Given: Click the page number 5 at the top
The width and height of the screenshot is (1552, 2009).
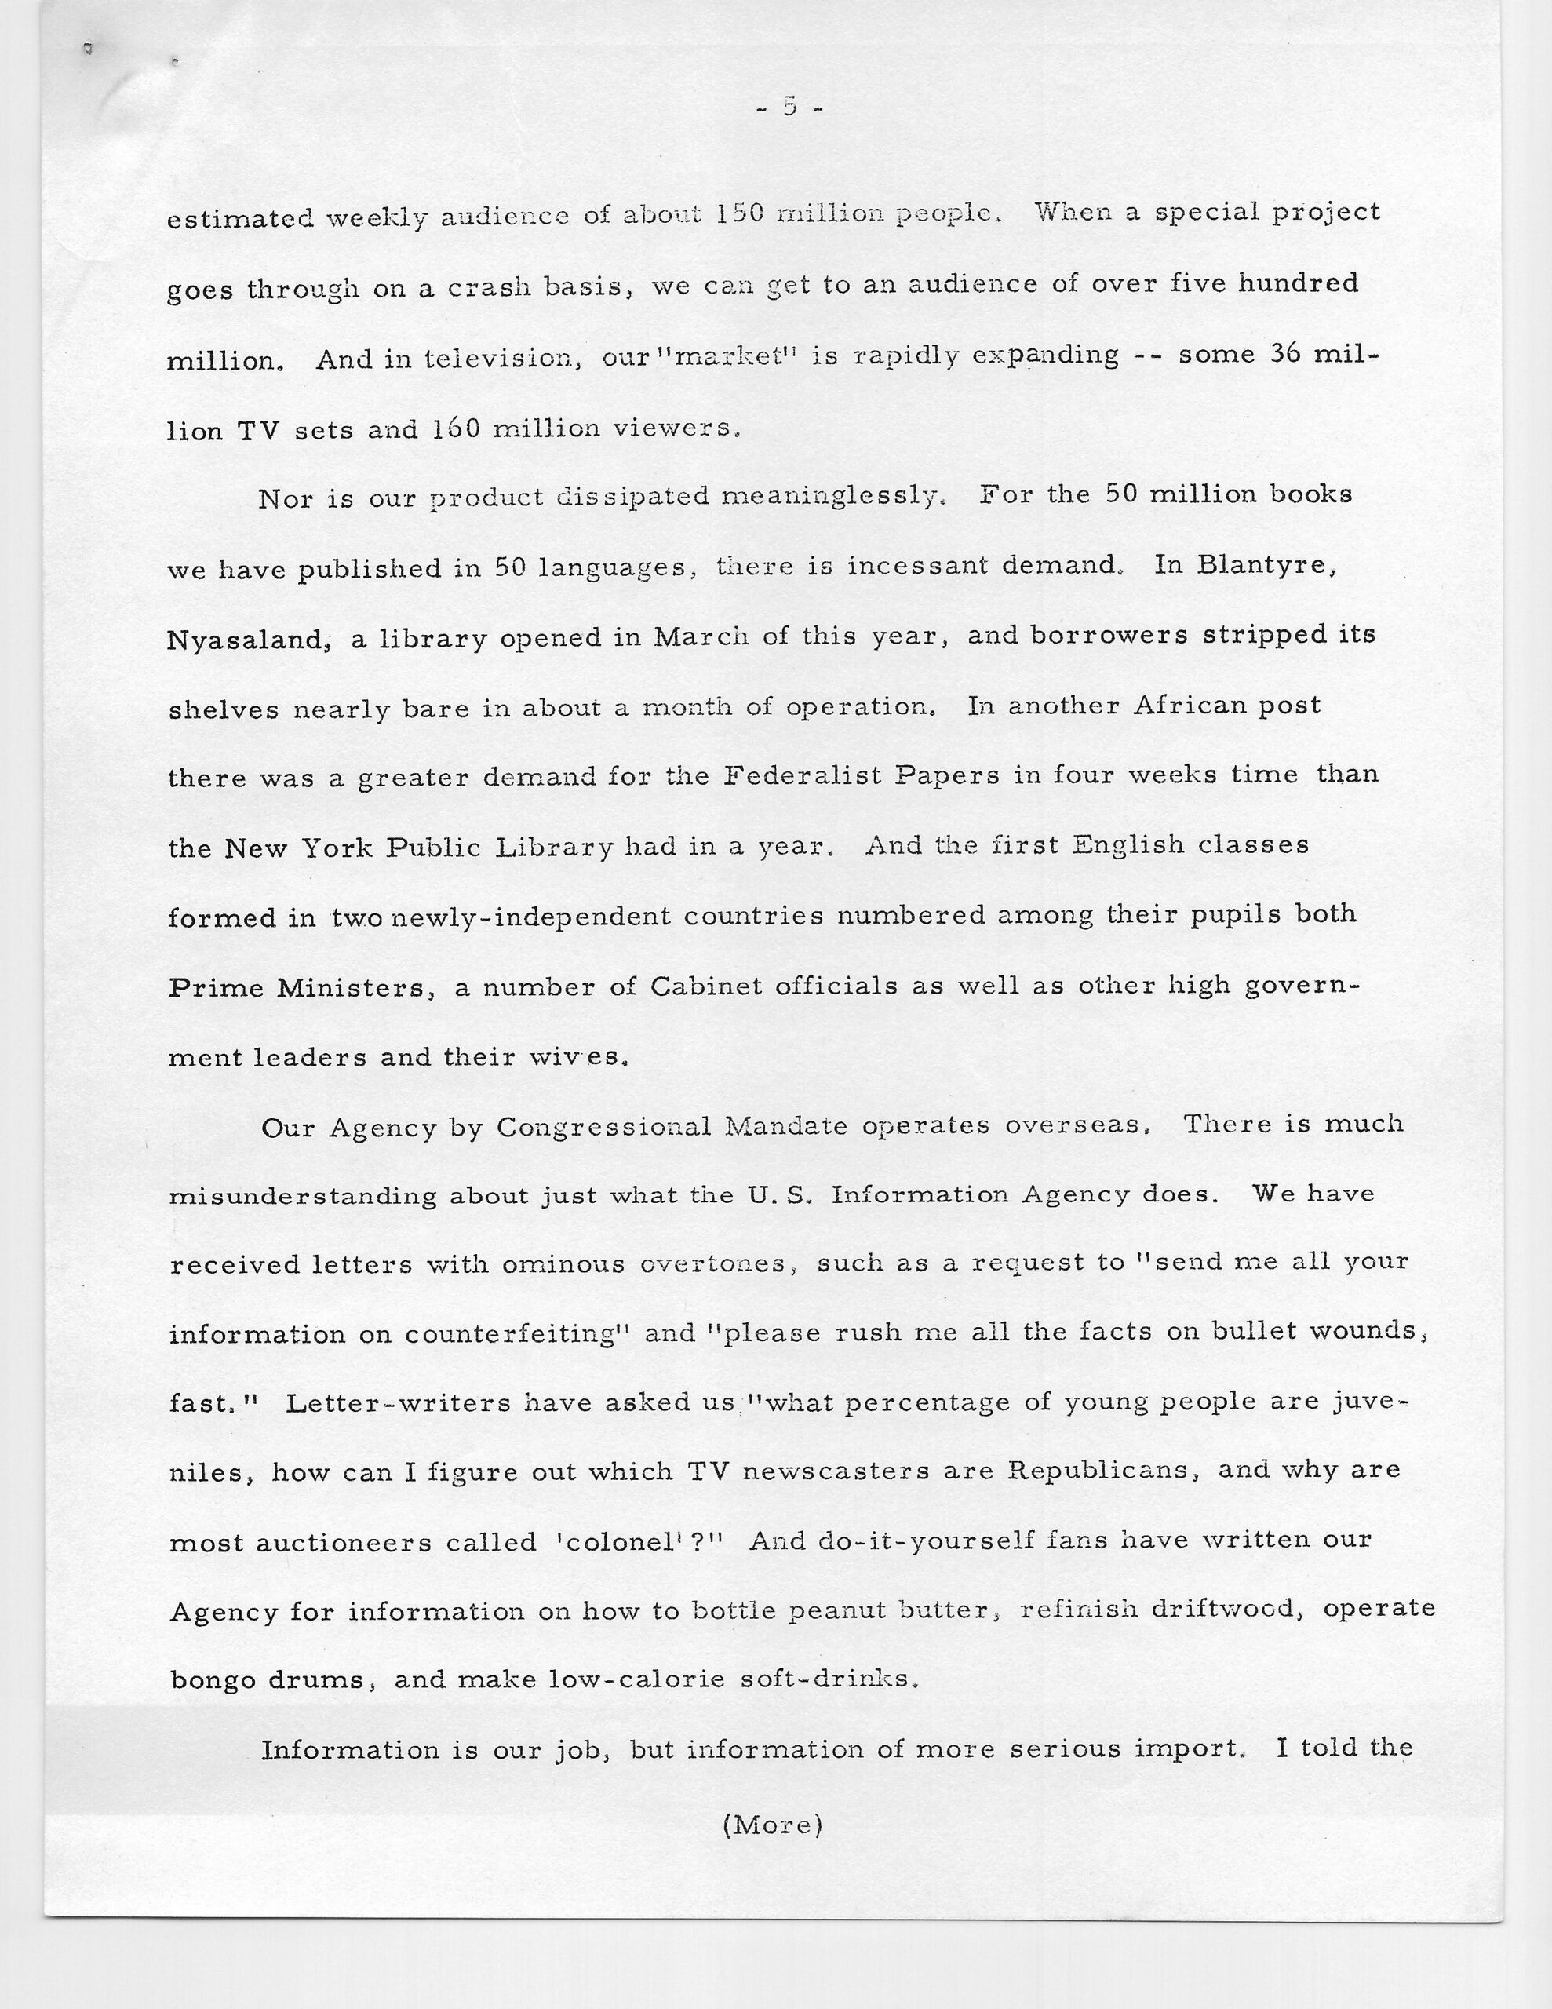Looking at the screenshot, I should [789, 107].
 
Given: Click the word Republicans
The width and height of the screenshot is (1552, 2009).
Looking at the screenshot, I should [1105, 1470].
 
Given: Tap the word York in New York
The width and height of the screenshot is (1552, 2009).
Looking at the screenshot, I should [337, 846].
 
